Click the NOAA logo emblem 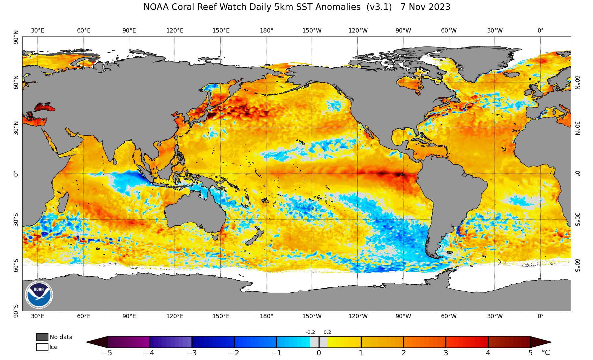point(39,295)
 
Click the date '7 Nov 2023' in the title point(425,7)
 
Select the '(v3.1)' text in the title point(379,7)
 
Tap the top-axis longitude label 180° point(266,31)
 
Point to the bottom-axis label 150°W point(312,316)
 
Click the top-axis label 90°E point(129,31)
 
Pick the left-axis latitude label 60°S point(16,265)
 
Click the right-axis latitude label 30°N point(577,128)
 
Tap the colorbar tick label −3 point(192,353)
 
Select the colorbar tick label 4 point(488,353)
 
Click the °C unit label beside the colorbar point(546,353)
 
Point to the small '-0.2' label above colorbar point(310,332)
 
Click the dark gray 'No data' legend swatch point(42,337)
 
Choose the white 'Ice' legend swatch point(42,347)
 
